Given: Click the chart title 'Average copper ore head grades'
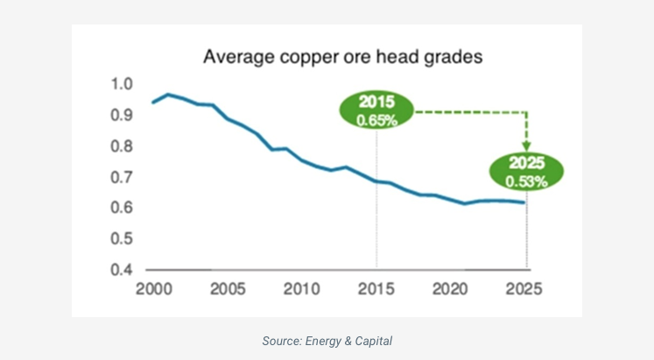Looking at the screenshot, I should click(x=343, y=58).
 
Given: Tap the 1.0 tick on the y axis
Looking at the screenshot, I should click(x=122, y=85).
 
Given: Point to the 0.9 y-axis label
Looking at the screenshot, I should click(x=122, y=116).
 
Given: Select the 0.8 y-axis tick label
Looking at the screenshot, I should click(x=122, y=146).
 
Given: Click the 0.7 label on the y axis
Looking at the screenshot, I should click(x=122, y=177).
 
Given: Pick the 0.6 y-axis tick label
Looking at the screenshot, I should click(x=122, y=208).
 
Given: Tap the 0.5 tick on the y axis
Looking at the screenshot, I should click(x=122, y=238).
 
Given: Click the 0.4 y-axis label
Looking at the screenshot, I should click(x=122, y=269).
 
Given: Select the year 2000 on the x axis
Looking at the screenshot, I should click(x=152, y=289).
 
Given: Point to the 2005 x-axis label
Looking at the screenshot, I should click(x=227, y=289).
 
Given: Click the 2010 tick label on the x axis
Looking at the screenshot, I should click(x=301, y=289).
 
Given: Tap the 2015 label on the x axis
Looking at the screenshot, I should click(x=376, y=289).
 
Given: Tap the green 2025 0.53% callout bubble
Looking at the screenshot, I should click(x=527, y=172).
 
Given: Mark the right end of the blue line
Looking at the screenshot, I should click(x=525, y=202).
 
